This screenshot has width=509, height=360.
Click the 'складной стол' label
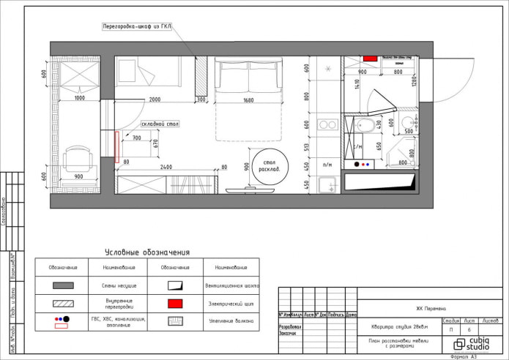(x=156, y=124)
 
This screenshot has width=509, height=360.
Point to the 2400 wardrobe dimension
(x=167, y=167)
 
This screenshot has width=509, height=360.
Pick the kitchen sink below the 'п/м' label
(x=327, y=183)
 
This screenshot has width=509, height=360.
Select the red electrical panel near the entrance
(x=370, y=57)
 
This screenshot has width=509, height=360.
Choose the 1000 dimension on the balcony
(x=79, y=98)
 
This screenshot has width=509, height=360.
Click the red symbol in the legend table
(x=176, y=302)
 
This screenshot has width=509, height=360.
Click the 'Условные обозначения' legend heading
(x=147, y=251)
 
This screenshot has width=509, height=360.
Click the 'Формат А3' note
(x=463, y=356)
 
